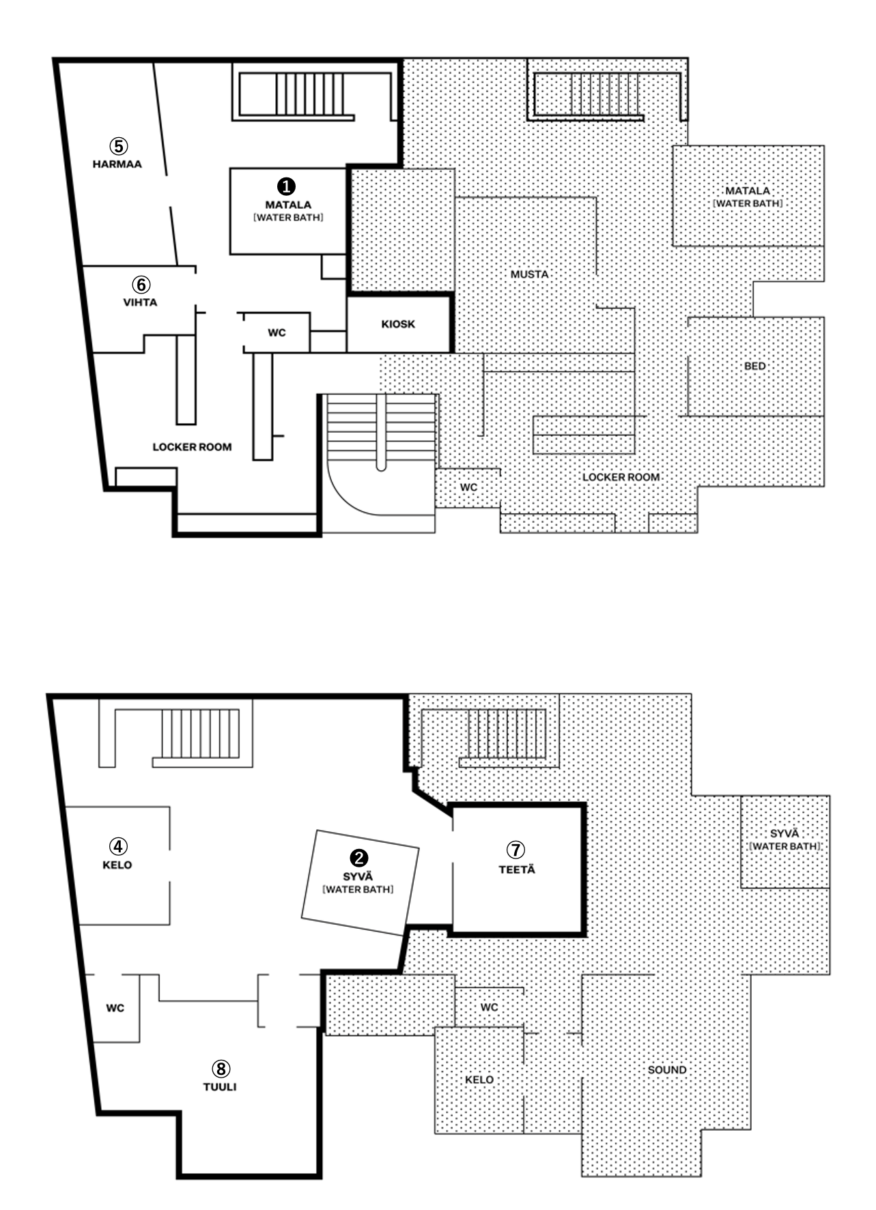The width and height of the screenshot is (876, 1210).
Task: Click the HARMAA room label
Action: click(x=117, y=164)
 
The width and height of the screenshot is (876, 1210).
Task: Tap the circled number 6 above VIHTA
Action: click(x=141, y=285)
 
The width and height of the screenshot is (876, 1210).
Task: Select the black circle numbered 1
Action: click(x=287, y=186)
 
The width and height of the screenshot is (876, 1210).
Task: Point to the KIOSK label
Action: click(x=398, y=324)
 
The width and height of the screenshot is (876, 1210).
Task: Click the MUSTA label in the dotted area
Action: click(x=530, y=274)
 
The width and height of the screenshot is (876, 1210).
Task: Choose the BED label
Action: click(x=754, y=366)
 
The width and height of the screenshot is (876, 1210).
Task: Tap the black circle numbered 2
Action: click(x=358, y=858)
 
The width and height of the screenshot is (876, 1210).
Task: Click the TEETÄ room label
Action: click(x=517, y=869)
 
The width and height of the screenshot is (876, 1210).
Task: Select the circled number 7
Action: click(x=516, y=850)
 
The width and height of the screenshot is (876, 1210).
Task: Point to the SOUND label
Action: click(x=667, y=1070)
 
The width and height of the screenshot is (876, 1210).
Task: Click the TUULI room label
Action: click(x=220, y=1086)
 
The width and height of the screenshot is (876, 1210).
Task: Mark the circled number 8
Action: click(x=221, y=1068)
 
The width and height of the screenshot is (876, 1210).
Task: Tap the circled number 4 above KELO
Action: click(x=118, y=846)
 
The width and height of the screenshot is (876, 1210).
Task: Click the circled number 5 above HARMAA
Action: click(x=119, y=145)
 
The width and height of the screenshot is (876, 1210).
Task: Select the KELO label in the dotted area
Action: click(x=479, y=1080)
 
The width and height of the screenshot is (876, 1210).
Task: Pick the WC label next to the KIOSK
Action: click(x=277, y=333)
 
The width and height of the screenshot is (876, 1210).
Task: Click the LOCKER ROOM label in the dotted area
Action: click(x=621, y=477)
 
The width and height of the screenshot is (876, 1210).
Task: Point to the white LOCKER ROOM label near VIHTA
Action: click(x=192, y=447)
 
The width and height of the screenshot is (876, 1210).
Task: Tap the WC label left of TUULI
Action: click(x=115, y=1008)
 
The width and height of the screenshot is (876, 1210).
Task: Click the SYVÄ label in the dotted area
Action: click(x=784, y=833)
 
